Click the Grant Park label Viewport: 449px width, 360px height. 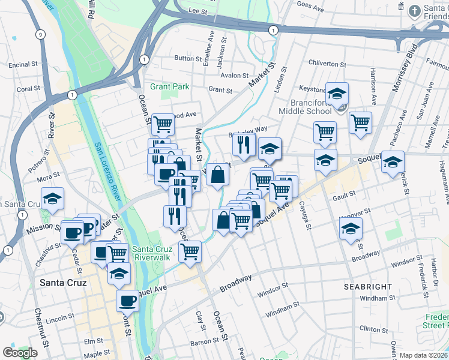(x=170, y=86)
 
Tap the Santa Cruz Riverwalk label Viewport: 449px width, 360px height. (x=151, y=253)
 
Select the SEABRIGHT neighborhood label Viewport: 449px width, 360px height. (x=368, y=287)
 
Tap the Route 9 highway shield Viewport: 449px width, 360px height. (x=40, y=34)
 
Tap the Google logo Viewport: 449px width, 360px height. (x=20, y=353)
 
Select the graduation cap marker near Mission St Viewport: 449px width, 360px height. (x=53, y=198)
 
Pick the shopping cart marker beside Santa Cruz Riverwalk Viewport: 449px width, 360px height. (x=190, y=251)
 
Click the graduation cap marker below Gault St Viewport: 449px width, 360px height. (x=351, y=229)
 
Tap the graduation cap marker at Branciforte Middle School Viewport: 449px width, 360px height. (x=337, y=93)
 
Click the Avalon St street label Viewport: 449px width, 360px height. (x=234, y=76)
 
